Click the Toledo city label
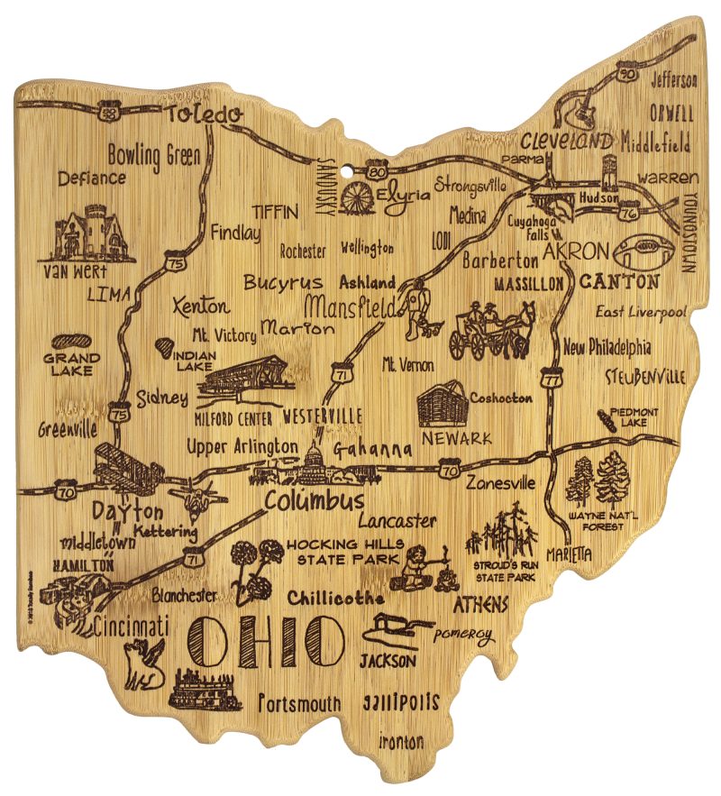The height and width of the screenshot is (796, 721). click(x=204, y=114)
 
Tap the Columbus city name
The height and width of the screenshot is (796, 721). click(x=315, y=500)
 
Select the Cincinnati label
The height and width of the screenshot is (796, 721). click(x=131, y=625)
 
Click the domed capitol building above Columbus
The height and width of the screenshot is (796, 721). click(x=316, y=460)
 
